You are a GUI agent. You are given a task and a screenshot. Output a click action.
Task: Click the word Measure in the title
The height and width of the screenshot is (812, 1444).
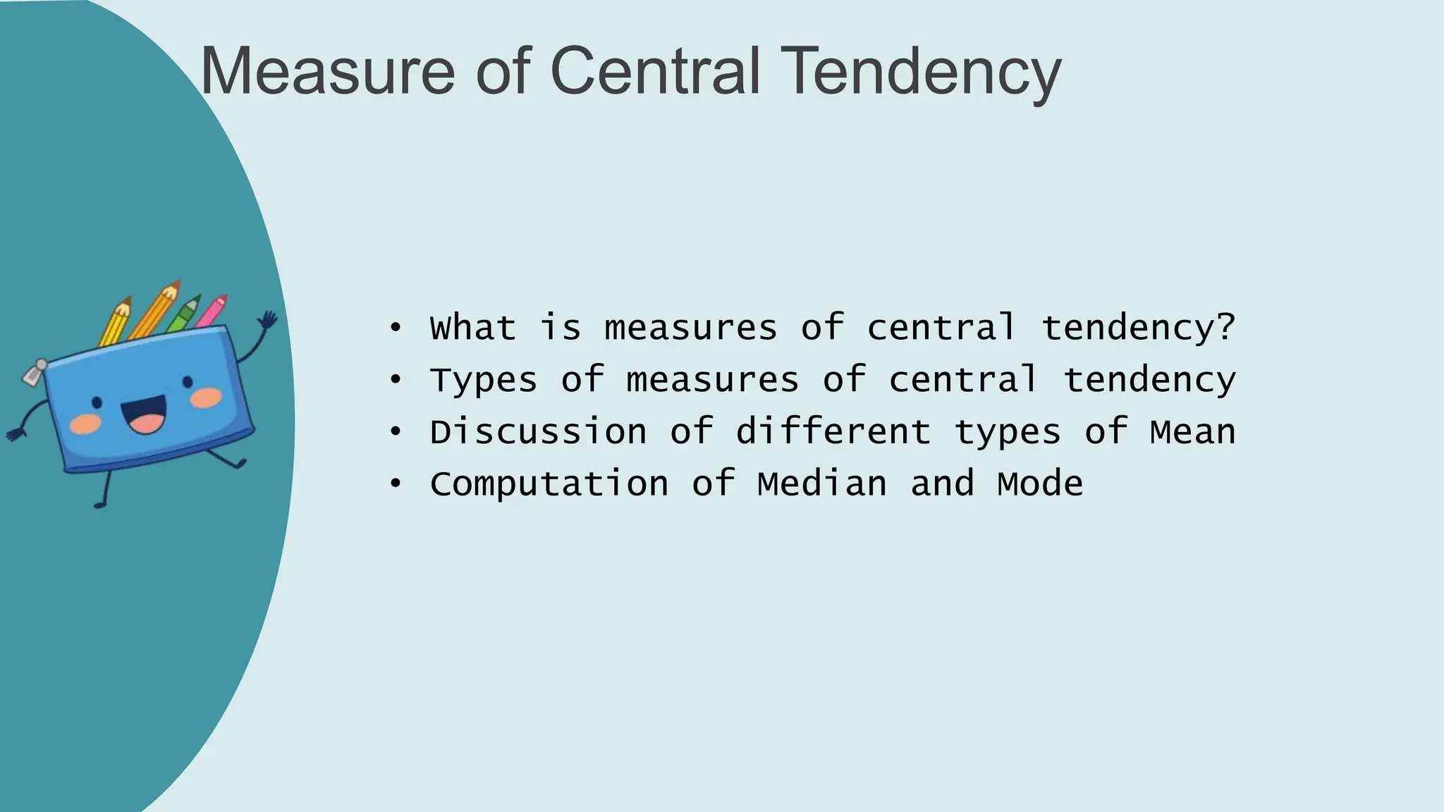(328, 71)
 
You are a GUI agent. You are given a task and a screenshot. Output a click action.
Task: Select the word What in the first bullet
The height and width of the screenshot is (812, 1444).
(473, 328)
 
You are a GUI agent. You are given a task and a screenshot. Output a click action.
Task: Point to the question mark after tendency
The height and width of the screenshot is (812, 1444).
(1226, 326)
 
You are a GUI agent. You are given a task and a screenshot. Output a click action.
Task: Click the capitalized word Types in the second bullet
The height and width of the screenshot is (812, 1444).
(484, 381)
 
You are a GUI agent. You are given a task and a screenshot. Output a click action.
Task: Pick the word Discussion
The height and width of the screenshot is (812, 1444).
(538, 432)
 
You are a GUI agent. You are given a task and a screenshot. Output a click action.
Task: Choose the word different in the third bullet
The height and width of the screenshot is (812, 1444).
(833, 431)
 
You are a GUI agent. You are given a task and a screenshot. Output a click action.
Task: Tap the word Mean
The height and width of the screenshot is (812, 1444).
(1192, 432)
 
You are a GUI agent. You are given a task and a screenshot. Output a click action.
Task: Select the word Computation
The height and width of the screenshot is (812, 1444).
(549, 484)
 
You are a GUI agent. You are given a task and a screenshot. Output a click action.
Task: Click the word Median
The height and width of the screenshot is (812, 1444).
(822, 484)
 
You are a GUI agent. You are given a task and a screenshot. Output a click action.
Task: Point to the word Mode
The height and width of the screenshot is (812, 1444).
(1040, 484)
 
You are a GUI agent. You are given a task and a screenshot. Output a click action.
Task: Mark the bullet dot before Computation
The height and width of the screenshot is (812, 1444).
(396, 484)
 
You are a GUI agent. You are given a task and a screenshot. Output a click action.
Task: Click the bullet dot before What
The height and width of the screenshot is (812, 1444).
(396, 328)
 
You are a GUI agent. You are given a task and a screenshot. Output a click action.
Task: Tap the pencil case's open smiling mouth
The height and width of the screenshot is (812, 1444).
(145, 415)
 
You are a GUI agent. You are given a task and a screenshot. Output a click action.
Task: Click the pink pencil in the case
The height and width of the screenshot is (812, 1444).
(212, 312)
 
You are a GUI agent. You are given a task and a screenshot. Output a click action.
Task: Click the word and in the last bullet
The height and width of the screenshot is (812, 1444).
(942, 484)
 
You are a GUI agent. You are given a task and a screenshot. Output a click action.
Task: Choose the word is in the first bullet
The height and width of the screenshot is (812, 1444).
(561, 328)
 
